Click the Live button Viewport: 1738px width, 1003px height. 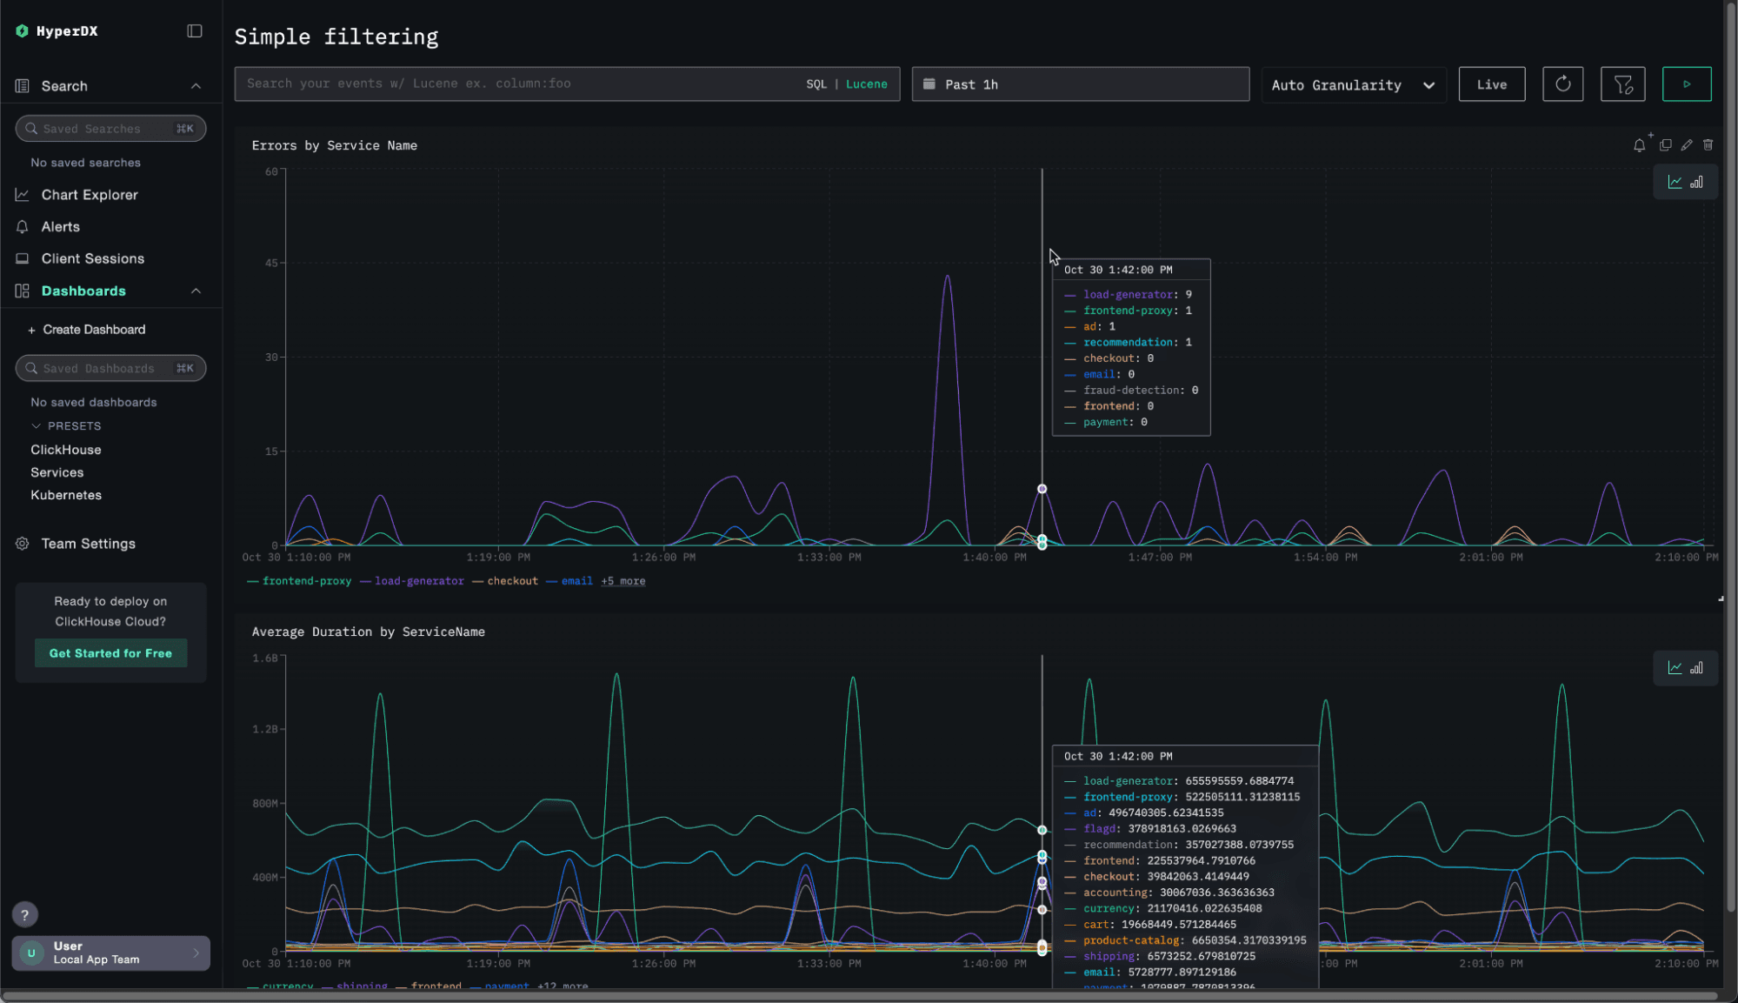coord(1491,84)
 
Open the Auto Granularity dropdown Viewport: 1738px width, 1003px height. coord(1353,84)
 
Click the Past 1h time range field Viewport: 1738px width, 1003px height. coord(1080,84)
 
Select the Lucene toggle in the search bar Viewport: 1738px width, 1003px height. coord(866,84)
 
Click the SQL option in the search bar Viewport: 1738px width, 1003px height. coord(816,84)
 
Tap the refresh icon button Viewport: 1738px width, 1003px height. coord(1562,84)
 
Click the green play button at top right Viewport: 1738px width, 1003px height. coord(1686,84)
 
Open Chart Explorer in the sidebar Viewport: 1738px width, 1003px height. coord(90,195)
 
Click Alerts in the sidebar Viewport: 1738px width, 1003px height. coord(60,227)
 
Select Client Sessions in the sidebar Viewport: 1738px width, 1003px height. coord(92,258)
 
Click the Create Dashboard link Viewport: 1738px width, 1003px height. coord(93,330)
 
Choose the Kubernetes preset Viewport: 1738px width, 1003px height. coord(66,495)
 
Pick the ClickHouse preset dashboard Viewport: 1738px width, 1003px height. coord(66,450)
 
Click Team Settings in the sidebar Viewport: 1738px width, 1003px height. coord(88,544)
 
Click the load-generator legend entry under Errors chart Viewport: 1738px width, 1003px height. coord(418,581)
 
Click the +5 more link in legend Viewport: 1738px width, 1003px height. coord(623,581)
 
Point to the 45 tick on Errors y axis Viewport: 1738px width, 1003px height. coord(271,263)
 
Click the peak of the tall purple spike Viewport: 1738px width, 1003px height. coord(947,277)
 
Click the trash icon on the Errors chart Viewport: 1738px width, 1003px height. coord(1708,145)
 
